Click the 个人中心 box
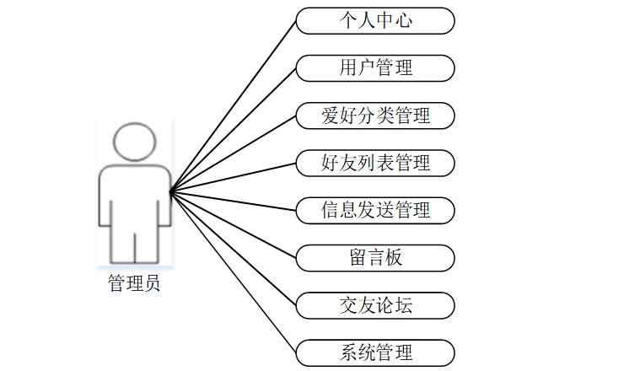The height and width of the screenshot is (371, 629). coord(375,21)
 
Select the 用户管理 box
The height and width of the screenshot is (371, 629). coord(375,67)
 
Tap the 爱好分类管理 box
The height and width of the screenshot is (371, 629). coord(375,116)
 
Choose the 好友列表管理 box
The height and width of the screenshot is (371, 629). coord(375,163)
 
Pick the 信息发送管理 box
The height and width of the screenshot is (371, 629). coord(375,210)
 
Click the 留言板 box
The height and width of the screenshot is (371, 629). coord(375,257)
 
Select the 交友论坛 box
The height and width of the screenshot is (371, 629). coord(375,304)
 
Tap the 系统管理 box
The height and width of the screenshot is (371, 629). coord(375,352)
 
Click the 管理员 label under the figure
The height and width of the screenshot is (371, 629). coord(134,283)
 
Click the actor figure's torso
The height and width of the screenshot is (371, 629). coord(134,198)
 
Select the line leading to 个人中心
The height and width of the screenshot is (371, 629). coord(234,106)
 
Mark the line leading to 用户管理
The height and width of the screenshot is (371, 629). coord(234,130)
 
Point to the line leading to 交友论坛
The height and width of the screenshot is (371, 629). coord(234,248)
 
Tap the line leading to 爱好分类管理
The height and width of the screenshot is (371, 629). coord(234,153)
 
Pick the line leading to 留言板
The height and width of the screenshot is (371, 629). coord(234,224)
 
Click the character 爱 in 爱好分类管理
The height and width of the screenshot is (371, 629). coord(330,116)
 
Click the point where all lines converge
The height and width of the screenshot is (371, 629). coord(170,191)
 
